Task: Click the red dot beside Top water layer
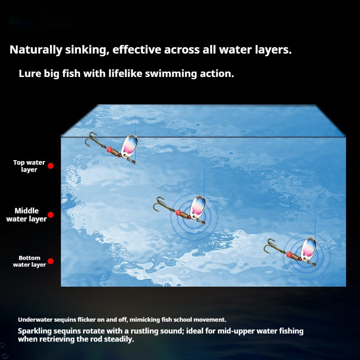(x=51, y=166)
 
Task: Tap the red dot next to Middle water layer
(x=51, y=215)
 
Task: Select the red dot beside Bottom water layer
(x=51, y=261)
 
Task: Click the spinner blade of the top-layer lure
(x=130, y=145)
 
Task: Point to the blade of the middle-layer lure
(x=198, y=206)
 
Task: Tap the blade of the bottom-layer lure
(x=309, y=248)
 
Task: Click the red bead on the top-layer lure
(x=109, y=150)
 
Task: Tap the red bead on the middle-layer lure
(x=178, y=212)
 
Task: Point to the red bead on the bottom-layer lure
(x=289, y=254)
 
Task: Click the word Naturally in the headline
(x=36, y=50)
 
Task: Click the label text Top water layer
(x=29, y=166)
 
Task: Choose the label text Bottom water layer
(x=29, y=261)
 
